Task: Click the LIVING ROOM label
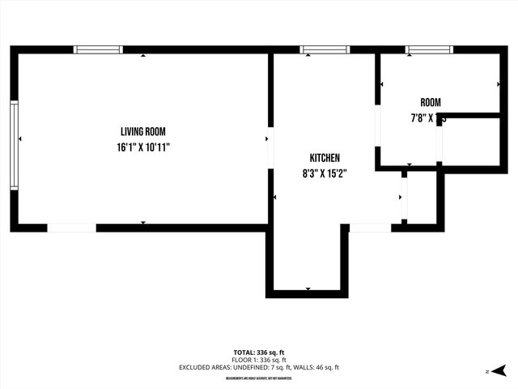pyautogui.click(x=142, y=131)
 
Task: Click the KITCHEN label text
pyautogui.click(x=325, y=158)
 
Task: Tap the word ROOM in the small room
pyautogui.click(x=430, y=102)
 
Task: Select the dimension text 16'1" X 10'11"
pyautogui.click(x=142, y=147)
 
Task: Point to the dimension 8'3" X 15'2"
pyautogui.click(x=325, y=173)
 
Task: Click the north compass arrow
pyautogui.click(x=499, y=370)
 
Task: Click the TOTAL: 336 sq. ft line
pyautogui.click(x=259, y=353)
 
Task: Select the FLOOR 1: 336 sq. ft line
pyautogui.click(x=259, y=360)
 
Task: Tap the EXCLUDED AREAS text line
pyautogui.click(x=259, y=367)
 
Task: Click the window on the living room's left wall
pyautogui.click(x=14, y=145)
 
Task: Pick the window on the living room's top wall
pyautogui.click(x=98, y=49)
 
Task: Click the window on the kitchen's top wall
pyautogui.click(x=325, y=49)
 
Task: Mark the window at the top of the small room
pyautogui.click(x=430, y=49)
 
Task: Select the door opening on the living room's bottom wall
pyautogui.click(x=71, y=228)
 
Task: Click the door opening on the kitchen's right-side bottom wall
pyautogui.click(x=370, y=228)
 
